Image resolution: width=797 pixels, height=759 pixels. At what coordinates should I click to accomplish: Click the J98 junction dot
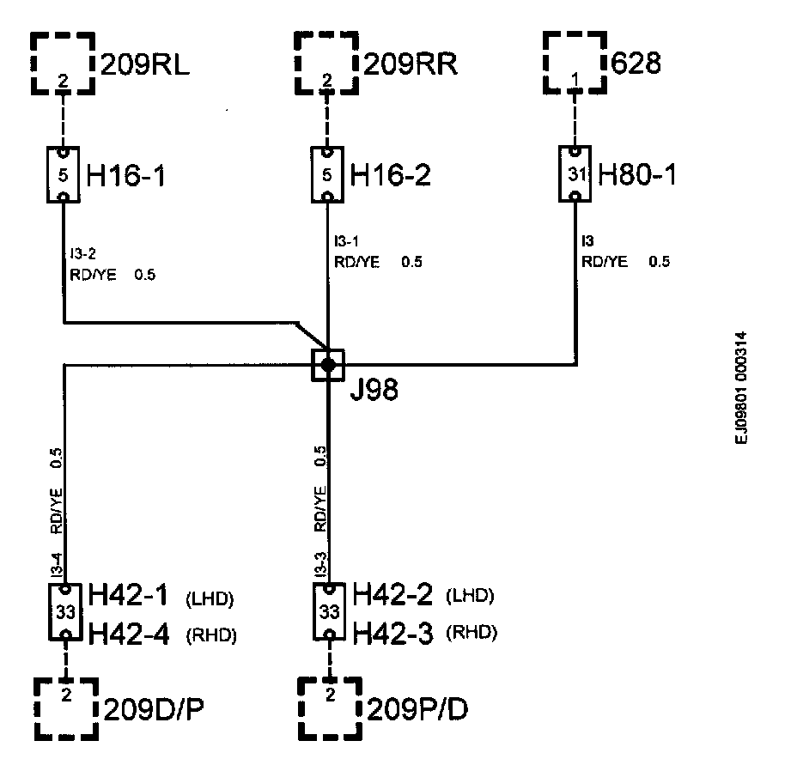point(327,365)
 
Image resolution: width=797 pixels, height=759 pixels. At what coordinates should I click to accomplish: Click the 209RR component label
point(410,64)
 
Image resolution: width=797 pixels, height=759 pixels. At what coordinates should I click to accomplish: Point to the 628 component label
point(636,64)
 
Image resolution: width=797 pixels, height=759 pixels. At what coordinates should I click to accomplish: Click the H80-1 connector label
point(637,175)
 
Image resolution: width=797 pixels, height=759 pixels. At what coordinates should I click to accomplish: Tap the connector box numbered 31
point(575,174)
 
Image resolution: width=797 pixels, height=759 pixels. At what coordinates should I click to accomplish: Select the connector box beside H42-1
point(64,613)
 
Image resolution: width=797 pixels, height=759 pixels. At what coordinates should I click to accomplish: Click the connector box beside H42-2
point(328,613)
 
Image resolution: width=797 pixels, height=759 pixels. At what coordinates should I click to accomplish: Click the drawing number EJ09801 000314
point(741,388)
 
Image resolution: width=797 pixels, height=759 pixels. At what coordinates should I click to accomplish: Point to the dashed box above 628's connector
point(575,63)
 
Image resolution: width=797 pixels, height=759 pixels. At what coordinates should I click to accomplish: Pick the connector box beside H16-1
point(64,175)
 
